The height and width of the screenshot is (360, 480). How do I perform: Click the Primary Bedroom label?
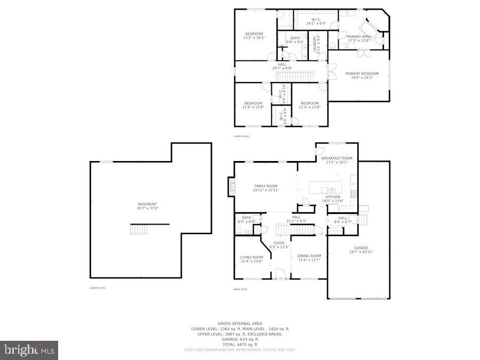(362, 75)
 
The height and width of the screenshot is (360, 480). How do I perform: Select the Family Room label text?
(266, 188)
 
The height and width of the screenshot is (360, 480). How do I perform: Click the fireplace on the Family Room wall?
(231, 186)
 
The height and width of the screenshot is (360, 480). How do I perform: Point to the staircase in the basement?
(138, 229)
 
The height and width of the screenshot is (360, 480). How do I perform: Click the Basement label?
(148, 206)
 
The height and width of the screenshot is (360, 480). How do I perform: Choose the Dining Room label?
(309, 258)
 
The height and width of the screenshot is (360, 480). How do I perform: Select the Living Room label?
(251, 259)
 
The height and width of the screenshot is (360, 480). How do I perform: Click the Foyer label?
(279, 245)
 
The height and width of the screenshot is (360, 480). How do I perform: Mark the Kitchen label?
(333, 198)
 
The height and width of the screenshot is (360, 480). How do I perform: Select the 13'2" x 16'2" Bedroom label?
(254, 36)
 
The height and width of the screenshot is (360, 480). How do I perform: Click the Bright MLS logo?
(29, 350)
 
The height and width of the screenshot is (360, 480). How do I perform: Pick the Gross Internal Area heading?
(239, 324)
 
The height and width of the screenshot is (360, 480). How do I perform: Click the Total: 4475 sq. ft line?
(239, 344)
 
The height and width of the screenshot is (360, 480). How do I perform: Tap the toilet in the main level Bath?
(241, 231)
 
